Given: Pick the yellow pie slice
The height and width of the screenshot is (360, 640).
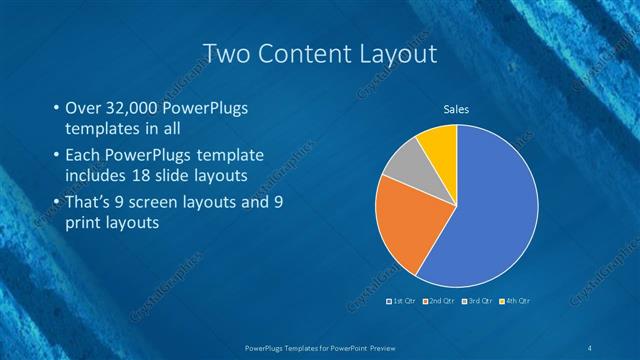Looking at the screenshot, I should pyautogui.click(x=438, y=144).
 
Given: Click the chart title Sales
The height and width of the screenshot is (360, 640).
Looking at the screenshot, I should pyautogui.click(x=456, y=110).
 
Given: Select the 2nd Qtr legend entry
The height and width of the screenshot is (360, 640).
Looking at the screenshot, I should pyautogui.click(x=441, y=300).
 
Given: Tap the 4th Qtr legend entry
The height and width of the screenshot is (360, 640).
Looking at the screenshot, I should pyautogui.click(x=516, y=300).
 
